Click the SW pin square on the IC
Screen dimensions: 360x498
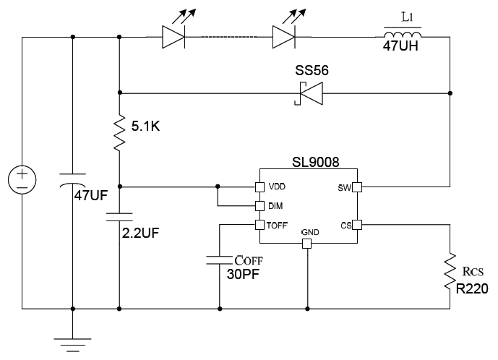click(x=356, y=187)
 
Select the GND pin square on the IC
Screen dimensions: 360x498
click(x=307, y=244)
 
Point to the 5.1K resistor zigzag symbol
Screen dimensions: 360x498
click(x=119, y=134)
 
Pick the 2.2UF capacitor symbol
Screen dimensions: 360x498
click(x=119, y=215)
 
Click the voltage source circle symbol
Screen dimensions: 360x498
click(x=22, y=178)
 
